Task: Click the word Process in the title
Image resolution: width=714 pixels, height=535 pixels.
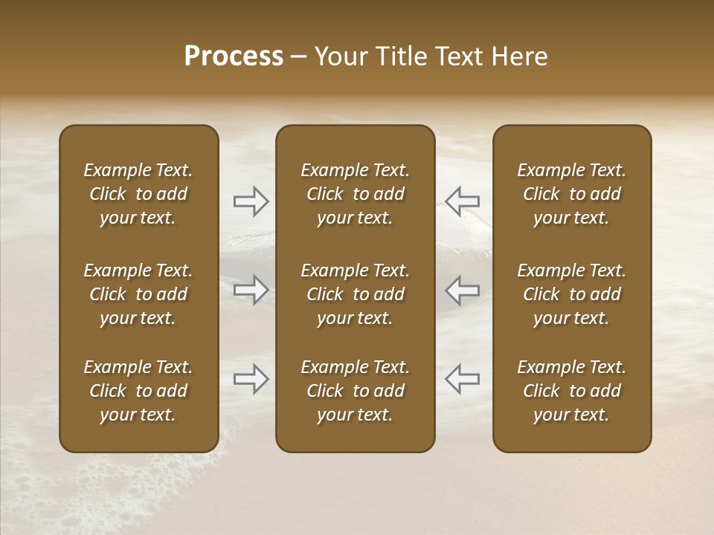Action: click(234, 56)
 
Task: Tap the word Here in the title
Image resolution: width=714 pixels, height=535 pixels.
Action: click(519, 56)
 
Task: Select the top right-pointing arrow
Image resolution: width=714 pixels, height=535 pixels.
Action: click(251, 201)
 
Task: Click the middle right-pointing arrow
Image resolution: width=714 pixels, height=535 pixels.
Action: click(251, 290)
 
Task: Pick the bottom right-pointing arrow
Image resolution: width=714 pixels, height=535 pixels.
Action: click(251, 379)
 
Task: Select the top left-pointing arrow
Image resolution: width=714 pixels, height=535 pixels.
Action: click(462, 201)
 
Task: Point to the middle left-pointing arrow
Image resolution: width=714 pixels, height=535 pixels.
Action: click(462, 290)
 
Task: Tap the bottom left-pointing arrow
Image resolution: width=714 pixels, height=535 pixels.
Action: click(462, 379)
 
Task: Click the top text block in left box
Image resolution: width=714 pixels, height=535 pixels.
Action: click(138, 194)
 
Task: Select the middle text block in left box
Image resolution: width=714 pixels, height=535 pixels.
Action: click(138, 294)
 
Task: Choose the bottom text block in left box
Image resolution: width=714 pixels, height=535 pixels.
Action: click(138, 391)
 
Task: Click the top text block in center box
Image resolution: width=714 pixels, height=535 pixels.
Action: click(355, 194)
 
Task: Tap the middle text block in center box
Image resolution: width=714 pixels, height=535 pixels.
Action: click(355, 294)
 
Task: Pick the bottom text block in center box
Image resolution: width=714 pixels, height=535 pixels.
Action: click(355, 391)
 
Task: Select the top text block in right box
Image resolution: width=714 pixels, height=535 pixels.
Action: click(571, 194)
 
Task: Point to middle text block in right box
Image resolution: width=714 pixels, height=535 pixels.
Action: click(571, 294)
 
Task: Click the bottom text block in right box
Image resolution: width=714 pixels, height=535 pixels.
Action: click(571, 391)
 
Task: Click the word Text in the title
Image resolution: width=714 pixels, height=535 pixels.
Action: click(459, 56)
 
